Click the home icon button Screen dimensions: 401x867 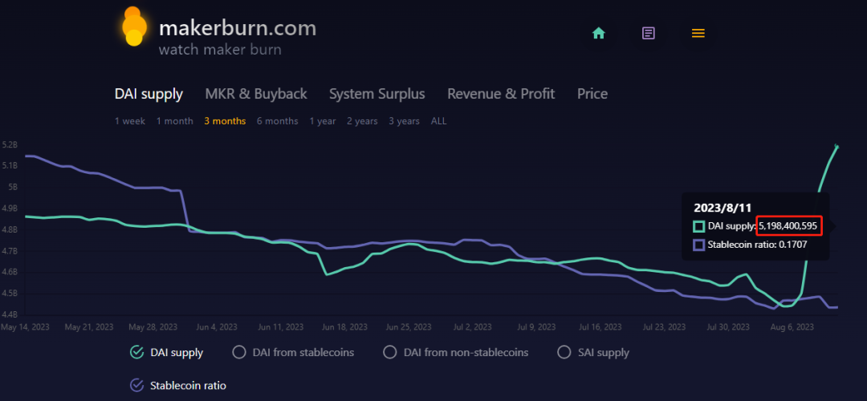(598, 33)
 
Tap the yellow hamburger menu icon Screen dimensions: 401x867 (698, 33)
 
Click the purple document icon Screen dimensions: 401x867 (649, 33)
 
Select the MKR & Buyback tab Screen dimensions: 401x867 (256, 94)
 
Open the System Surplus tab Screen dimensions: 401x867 (377, 94)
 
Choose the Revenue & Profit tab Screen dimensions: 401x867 (501, 94)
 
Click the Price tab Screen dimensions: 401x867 (592, 94)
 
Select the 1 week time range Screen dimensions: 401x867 (130, 121)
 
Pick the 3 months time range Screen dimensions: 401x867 (225, 121)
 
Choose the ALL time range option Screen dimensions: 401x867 (439, 121)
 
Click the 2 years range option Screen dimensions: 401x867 (362, 121)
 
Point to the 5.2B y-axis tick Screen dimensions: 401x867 (10, 145)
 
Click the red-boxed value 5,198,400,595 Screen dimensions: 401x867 (788, 226)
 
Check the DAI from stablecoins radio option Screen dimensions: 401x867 (238, 352)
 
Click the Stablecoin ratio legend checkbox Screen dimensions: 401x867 (136, 385)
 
